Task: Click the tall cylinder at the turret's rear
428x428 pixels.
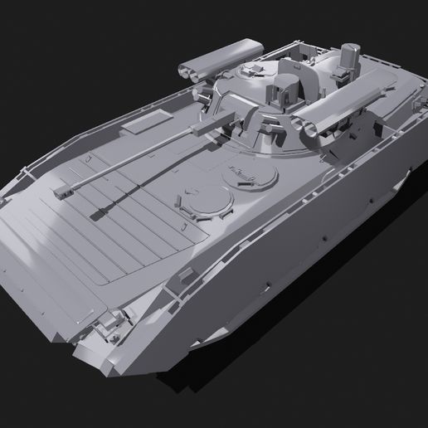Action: [348, 58]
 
